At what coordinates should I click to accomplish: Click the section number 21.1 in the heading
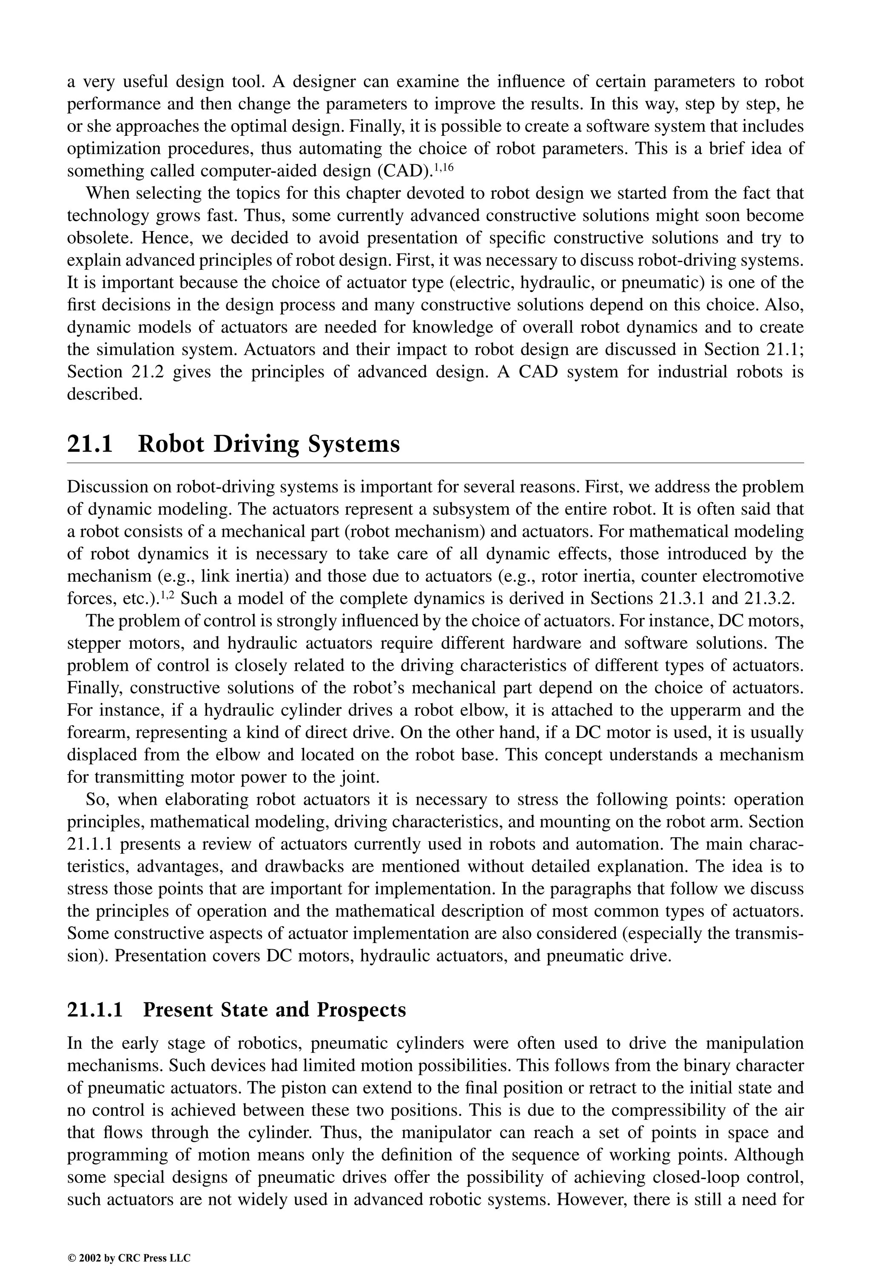click(89, 444)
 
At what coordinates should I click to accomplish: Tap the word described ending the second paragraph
click(104, 394)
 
